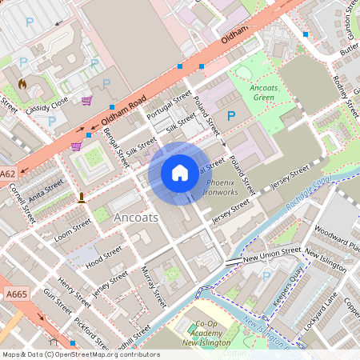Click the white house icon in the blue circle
180,173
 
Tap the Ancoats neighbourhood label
137,218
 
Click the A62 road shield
8,174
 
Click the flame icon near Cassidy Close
22,82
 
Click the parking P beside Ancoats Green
231,116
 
